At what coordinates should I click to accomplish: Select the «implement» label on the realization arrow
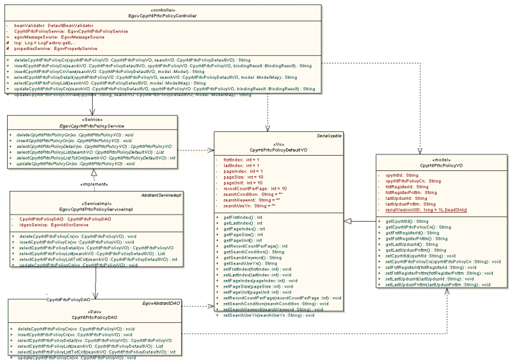pos(93,184)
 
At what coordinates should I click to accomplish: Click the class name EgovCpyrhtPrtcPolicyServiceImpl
pos(95,209)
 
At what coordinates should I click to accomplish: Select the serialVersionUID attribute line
pos(426,209)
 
